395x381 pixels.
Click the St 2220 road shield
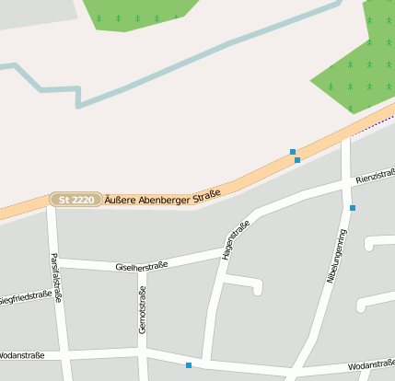[76, 200]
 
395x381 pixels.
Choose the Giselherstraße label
[142, 267]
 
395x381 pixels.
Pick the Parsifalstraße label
[56, 277]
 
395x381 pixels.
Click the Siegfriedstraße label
[24, 297]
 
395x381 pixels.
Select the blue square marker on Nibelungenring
[353, 208]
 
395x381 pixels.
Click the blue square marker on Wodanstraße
[189, 365]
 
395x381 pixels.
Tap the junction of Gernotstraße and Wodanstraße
[143, 352]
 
